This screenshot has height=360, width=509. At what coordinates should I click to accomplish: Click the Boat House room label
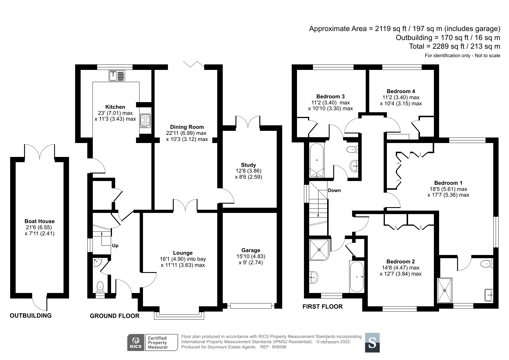pos(39,221)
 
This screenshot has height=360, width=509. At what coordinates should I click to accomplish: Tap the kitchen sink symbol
pos(117,76)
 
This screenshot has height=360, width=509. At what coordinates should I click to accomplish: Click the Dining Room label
pos(187,127)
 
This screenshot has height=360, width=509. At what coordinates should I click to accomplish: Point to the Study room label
pos(249,165)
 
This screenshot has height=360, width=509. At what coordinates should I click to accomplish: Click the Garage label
pos(251,250)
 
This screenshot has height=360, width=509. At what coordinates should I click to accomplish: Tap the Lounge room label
pos(183,253)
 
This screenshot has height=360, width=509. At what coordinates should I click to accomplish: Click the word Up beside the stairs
pos(115,245)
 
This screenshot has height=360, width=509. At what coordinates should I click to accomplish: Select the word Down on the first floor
pos(334,190)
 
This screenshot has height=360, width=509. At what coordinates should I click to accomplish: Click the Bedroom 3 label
pos(330,96)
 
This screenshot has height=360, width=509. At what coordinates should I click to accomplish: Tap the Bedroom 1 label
pos(448,183)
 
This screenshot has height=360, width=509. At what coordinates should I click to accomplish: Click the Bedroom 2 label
pos(401,261)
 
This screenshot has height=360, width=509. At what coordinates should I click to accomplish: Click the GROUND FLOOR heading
pos(115,316)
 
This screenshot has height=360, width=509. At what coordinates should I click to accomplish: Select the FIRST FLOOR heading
pos(323,306)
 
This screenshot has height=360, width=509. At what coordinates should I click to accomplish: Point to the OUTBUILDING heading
pos(31,316)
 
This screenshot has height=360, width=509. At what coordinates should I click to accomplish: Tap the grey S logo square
pos(372,343)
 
